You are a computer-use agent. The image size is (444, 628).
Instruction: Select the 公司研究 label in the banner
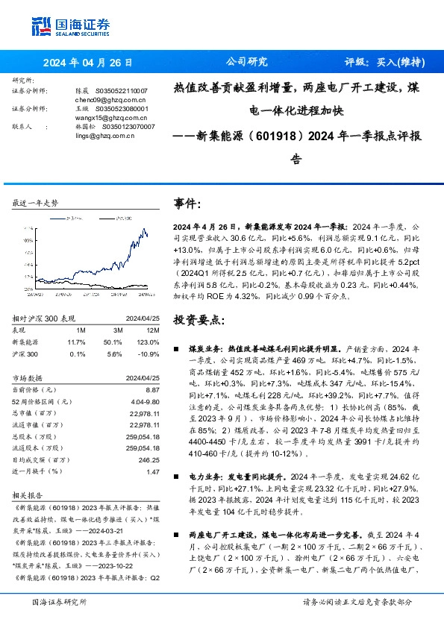[x=246, y=62]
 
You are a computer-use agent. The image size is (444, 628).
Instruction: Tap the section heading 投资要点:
[x=198, y=319]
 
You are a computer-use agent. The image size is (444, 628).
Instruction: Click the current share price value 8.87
[x=152, y=390]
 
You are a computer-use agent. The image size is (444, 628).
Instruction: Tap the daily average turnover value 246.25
[x=148, y=461]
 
